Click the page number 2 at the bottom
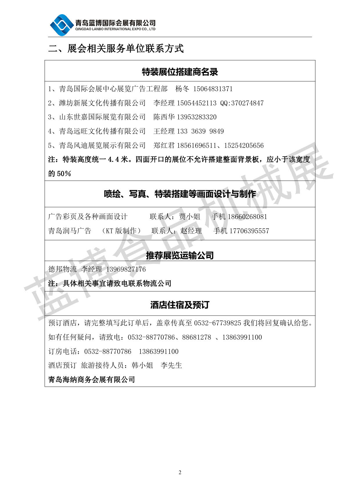(x=180, y=472)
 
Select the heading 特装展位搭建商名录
(x=180, y=72)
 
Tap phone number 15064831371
(x=213, y=89)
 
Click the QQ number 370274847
(x=247, y=103)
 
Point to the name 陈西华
(x=164, y=117)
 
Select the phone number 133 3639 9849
(x=200, y=131)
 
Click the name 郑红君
(x=164, y=146)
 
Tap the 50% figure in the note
(x=64, y=174)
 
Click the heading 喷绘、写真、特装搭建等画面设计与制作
(x=180, y=194)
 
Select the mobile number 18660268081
(x=247, y=217)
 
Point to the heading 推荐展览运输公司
(x=180, y=255)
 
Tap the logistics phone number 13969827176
(x=126, y=269)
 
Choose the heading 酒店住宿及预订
(x=180, y=305)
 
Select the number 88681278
(x=197, y=337)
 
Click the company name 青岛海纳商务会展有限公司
(x=91, y=380)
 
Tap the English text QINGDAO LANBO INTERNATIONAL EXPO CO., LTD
(x=115, y=29)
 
